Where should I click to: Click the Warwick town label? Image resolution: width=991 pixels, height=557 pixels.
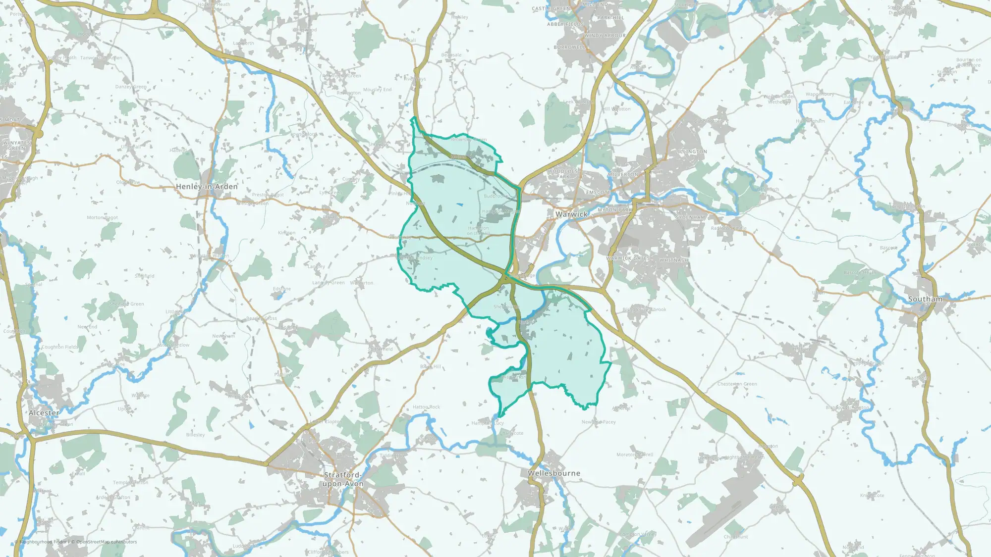571,214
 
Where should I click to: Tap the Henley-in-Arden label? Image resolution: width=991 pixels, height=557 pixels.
207,187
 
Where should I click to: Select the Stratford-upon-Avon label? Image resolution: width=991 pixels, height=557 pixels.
343,479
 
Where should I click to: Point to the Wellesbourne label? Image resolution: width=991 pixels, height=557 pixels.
553,473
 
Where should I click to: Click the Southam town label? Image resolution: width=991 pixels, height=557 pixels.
925,299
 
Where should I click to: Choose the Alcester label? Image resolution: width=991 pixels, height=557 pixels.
44,413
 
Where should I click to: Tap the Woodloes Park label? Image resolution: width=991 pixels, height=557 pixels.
563,174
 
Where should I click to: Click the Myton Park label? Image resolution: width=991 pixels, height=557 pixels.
615,210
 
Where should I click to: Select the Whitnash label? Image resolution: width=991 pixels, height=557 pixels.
673,260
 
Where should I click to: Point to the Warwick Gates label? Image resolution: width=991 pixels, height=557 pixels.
628,258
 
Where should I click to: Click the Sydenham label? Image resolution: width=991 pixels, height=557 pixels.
690,217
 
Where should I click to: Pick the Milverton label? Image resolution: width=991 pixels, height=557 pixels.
623,175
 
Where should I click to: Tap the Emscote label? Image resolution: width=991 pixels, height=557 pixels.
598,193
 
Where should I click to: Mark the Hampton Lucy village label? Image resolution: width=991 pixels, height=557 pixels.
488,423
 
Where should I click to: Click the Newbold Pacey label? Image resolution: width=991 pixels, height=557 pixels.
599,422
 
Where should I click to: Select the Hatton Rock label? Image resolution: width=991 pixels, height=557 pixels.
426,407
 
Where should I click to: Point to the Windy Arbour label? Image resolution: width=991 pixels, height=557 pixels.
605,36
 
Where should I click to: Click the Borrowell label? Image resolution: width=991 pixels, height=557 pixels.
569,48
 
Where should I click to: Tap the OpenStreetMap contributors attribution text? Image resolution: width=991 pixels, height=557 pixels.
106,542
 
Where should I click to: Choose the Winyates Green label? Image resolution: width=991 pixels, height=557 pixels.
17,146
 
